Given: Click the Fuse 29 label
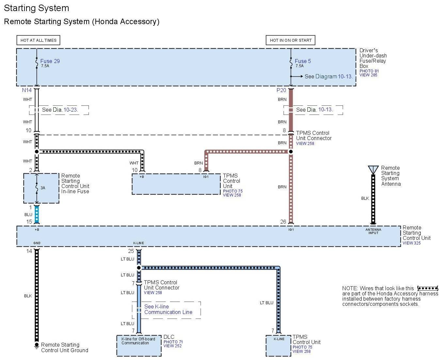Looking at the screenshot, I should click(x=50, y=61).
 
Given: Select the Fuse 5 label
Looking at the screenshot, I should click(x=302, y=61).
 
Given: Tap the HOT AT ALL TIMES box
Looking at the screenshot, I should click(x=38, y=40).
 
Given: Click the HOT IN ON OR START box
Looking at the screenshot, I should click(x=290, y=40).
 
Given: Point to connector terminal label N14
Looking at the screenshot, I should click(x=27, y=90).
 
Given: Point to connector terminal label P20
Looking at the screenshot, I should click(x=281, y=90).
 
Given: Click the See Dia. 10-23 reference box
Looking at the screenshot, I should click(x=59, y=110).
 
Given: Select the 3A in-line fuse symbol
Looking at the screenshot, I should click(x=37, y=188).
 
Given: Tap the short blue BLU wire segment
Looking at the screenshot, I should click(x=37, y=214).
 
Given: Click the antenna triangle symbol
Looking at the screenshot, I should click(x=373, y=170).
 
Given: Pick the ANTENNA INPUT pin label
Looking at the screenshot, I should click(x=373, y=231).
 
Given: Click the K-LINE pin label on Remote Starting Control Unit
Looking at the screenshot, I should click(x=139, y=243).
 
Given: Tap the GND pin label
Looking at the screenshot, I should click(x=37, y=243).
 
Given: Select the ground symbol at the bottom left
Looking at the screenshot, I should click(x=37, y=346).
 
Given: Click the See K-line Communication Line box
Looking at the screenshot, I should click(x=167, y=310).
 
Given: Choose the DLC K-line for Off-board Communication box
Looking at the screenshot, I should click(x=139, y=345).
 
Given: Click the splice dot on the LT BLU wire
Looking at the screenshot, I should click(x=139, y=268).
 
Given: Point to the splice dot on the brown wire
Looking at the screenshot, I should click(x=291, y=151).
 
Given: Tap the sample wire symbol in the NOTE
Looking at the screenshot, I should click(x=428, y=289).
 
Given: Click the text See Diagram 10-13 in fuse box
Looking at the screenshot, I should click(x=328, y=76).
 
